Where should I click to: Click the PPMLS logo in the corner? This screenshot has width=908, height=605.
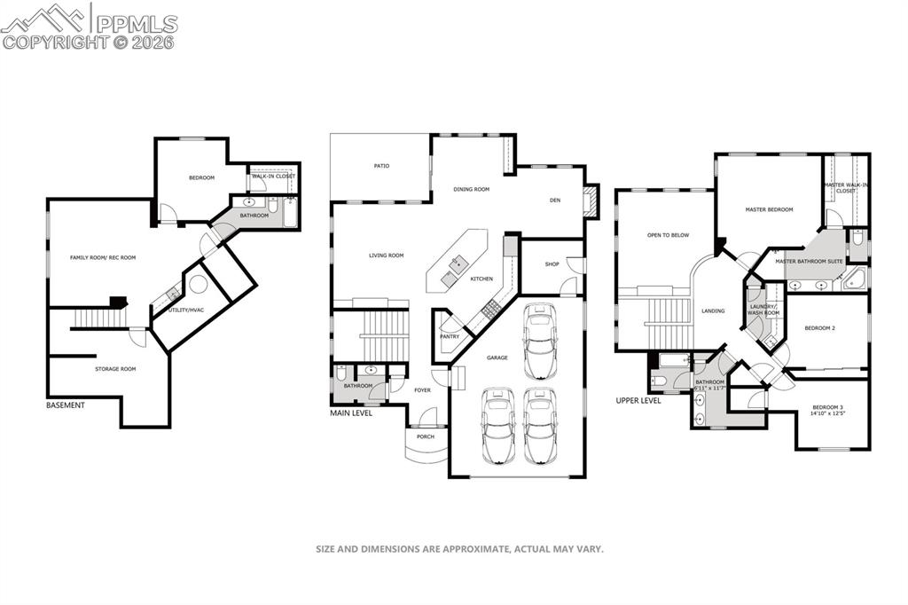point(89,26)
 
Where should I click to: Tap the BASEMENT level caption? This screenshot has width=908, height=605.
point(66,405)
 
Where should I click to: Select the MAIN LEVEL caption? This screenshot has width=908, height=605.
point(351,413)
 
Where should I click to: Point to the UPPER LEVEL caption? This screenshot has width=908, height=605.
point(638,401)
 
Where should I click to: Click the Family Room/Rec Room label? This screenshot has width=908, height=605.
point(103,257)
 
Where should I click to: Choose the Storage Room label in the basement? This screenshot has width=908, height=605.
point(115,368)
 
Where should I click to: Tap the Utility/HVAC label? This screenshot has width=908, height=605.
point(185,310)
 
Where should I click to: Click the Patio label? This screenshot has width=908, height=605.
point(381,166)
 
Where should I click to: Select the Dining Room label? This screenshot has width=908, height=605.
point(471,189)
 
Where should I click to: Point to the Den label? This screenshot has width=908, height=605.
point(555,200)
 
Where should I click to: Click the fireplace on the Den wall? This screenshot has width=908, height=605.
point(590,201)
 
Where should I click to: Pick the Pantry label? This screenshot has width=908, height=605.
point(450,336)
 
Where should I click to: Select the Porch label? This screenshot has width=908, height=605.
point(426,437)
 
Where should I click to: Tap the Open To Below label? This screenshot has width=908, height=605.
point(668,235)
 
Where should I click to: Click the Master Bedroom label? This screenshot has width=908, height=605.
point(769,209)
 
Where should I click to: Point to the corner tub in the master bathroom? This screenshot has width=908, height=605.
point(857,279)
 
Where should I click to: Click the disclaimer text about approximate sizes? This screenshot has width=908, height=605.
point(459,549)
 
